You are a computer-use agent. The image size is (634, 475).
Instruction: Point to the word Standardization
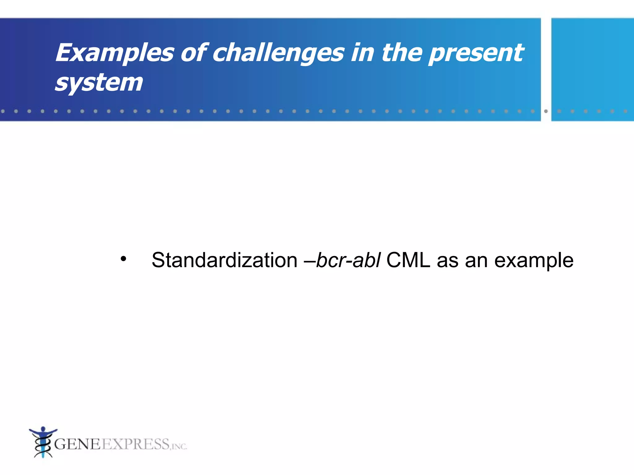click(x=224, y=260)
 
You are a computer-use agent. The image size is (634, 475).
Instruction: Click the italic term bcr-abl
click(x=348, y=260)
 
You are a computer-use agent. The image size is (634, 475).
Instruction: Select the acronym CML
click(x=408, y=260)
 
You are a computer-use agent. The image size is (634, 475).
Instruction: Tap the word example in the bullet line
click(x=534, y=260)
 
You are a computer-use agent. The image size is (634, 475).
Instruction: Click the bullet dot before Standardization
click(x=124, y=259)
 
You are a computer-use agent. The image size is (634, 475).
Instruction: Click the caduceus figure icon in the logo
click(x=43, y=442)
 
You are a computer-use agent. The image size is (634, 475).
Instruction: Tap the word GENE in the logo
click(x=77, y=444)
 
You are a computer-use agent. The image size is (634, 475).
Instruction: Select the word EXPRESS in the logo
click(x=136, y=444)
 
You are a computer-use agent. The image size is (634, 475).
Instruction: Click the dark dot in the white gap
click(x=546, y=111)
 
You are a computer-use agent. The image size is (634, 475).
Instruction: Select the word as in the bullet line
click(x=447, y=260)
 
